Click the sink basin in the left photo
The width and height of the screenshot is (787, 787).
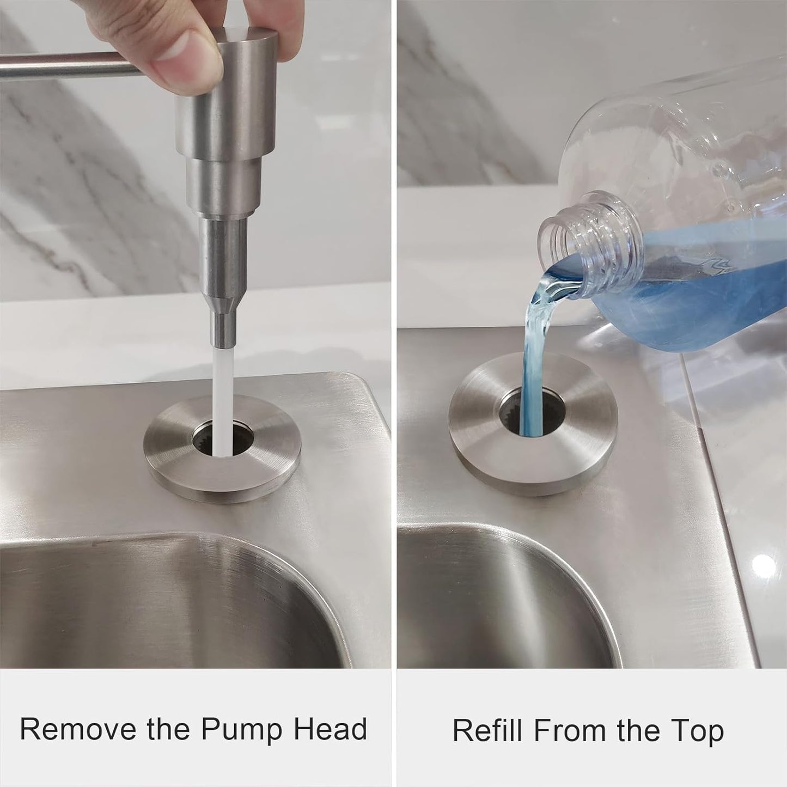click(x=163, y=605)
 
